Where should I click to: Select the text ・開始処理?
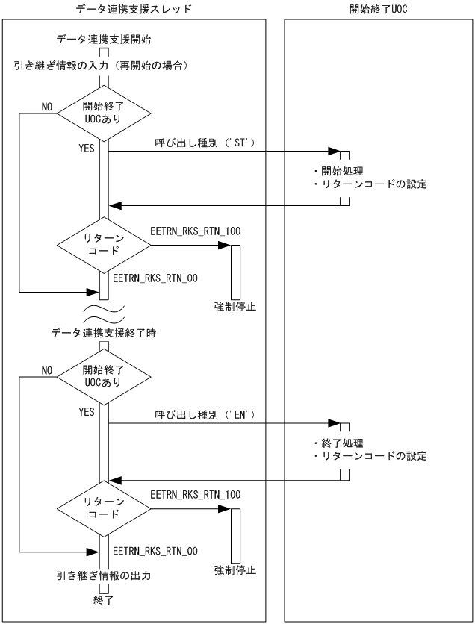point(338,171)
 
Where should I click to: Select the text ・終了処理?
point(338,442)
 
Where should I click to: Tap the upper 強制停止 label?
point(235,306)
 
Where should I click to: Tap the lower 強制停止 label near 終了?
point(235,570)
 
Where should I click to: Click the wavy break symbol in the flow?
point(104,308)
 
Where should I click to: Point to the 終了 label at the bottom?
point(104,599)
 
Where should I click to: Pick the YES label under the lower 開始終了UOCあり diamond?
point(87,411)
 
